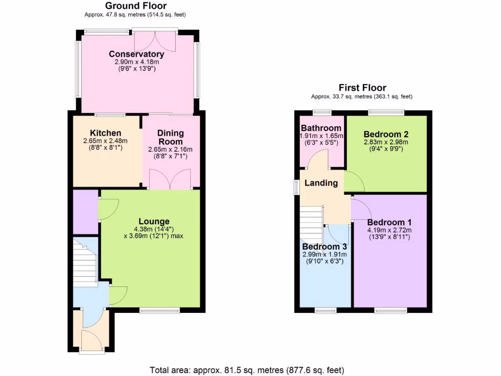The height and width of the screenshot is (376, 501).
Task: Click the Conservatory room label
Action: (136, 54)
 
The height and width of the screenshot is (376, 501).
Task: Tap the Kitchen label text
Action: (106, 133)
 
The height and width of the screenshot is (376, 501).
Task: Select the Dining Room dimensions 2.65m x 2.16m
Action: (170, 150)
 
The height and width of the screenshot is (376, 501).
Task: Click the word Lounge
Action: (154, 221)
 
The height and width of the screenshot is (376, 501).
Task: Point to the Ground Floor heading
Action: (136, 6)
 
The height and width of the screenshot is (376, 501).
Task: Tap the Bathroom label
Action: (321, 128)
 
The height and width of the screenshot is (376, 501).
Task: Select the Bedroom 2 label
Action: (386, 134)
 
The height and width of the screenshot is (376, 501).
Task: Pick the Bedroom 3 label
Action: (324, 247)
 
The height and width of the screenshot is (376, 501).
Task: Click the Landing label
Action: (321, 183)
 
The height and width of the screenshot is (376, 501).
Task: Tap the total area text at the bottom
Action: (247, 370)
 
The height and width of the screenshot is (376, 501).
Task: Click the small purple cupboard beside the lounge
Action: (85, 211)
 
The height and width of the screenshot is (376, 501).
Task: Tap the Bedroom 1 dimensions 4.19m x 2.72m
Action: (389, 230)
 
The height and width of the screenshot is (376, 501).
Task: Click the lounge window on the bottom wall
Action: (159, 309)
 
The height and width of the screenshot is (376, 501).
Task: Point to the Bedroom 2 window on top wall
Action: (387, 112)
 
